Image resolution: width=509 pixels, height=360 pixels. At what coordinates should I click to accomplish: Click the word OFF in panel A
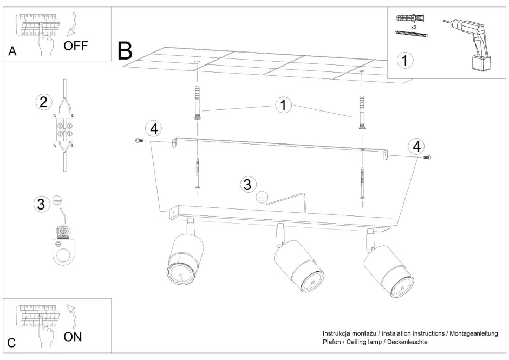(76, 46)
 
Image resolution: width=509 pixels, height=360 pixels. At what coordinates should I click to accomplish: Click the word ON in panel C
(73, 337)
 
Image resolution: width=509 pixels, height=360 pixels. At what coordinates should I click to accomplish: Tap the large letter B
(125, 50)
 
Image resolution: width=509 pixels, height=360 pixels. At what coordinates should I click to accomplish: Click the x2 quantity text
(414, 27)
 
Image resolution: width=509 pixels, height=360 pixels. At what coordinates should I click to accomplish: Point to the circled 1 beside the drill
(405, 61)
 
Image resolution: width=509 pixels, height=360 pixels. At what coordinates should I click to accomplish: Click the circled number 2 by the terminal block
(43, 102)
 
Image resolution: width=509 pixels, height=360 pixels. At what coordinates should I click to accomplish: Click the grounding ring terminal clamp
(63, 244)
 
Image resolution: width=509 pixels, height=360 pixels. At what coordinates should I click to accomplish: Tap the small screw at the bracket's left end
(139, 140)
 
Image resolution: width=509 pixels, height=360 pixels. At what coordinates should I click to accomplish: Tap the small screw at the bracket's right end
(427, 158)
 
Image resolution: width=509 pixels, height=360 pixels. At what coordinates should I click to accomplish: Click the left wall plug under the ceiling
(197, 102)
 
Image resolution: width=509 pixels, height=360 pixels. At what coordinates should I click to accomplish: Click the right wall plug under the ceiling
(362, 112)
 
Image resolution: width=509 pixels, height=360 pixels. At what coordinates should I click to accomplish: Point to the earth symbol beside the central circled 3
(262, 197)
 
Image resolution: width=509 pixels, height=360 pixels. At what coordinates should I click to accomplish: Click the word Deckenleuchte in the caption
(407, 342)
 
